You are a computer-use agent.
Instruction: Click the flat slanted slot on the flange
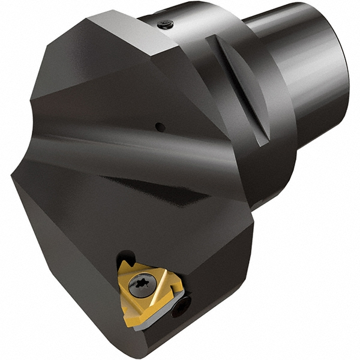click(x=238, y=90)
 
